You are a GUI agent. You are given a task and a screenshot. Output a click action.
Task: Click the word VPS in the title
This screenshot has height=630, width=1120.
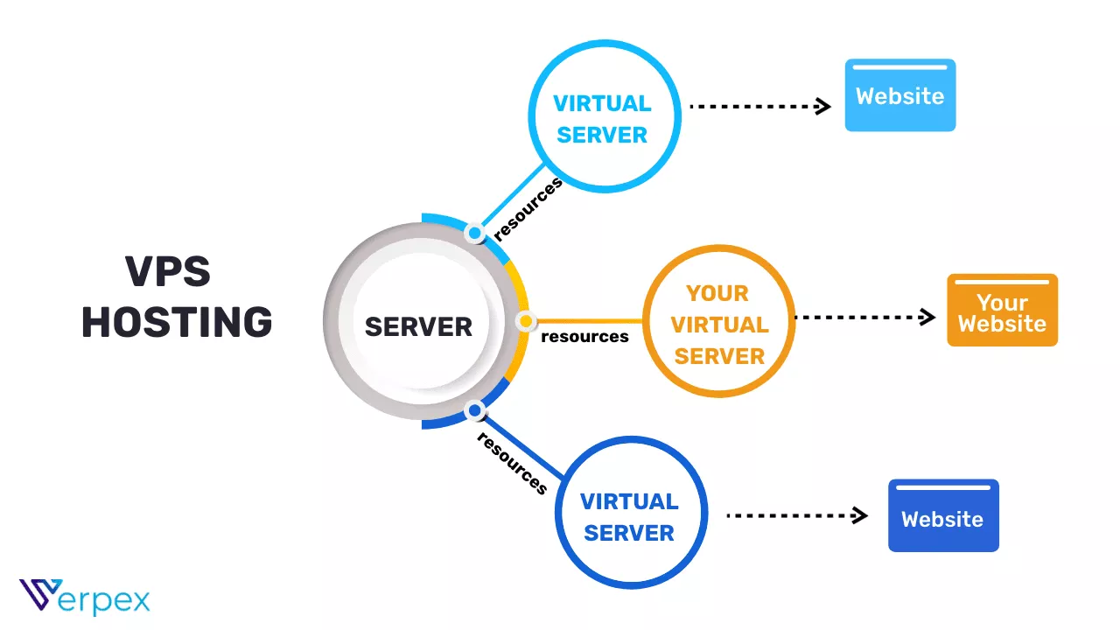tap(168, 272)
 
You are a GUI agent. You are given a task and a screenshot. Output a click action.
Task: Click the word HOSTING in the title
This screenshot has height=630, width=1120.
tap(177, 322)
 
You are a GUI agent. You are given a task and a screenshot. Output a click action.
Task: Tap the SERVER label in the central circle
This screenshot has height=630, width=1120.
tap(418, 326)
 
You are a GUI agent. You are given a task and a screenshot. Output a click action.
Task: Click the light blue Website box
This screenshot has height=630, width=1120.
tap(899, 95)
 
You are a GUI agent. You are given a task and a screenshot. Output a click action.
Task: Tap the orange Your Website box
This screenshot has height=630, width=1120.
tap(1002, 311)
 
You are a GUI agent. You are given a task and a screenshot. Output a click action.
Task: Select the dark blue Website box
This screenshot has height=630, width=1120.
tap(942, 516)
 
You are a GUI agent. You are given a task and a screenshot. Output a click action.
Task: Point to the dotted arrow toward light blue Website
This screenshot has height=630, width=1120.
tap(759, 107)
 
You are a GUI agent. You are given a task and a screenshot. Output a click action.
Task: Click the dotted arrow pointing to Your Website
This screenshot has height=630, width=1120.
tap(864, 317)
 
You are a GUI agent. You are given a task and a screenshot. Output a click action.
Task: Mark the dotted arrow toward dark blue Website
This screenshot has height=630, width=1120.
tap(796, 515)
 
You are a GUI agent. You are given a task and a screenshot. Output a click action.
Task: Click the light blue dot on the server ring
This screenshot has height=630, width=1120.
tap(474, 234)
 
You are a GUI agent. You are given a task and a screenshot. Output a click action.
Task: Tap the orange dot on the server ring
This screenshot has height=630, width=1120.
tap(525, 322)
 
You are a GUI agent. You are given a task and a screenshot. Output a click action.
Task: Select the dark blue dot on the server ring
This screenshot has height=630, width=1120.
tap(474, 409)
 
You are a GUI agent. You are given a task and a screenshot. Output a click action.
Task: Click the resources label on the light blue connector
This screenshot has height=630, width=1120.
tap(528, 209)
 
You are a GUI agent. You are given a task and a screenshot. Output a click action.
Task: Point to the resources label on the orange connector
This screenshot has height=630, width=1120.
tap(584, 337)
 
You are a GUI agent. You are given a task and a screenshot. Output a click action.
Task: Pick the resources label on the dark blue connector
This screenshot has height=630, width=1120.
tap(513, 463)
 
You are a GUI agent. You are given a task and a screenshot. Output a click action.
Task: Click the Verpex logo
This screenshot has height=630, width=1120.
tap(84, 598)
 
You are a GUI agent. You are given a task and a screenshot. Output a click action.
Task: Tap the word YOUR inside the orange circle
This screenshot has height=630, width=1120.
tap(717, 293)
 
